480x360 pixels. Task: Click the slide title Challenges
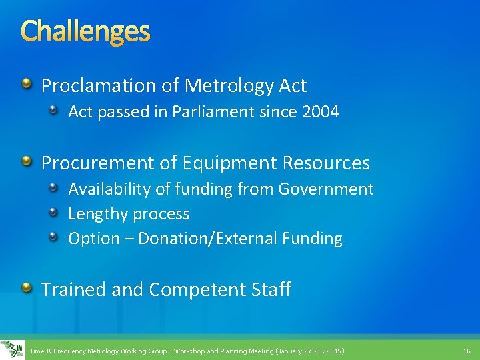pos(85,31)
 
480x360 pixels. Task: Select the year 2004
pos(320,112)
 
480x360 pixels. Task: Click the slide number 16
pos(465,351)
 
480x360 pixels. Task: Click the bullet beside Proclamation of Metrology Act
pos(27,84)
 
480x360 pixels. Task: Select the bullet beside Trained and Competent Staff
pos(27,287)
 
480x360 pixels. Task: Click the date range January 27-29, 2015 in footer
pos(309,351)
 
